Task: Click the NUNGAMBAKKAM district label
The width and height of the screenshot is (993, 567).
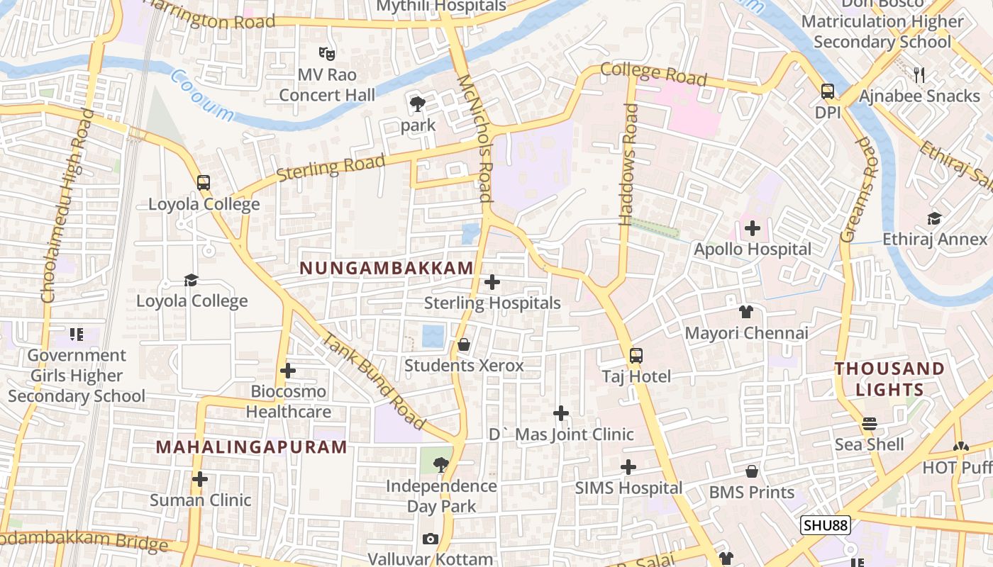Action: tap(387, 268)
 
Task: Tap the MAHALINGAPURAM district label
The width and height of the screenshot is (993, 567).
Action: tap(252, 447)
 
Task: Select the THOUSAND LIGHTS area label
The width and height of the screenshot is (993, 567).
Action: tap(889, 379)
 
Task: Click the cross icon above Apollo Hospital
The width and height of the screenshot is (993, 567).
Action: tap(753, 229)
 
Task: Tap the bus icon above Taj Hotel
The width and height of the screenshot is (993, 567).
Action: tap(636, 356)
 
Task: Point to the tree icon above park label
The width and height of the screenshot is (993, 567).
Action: tap(418, 105)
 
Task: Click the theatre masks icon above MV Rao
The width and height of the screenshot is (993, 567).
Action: tap(326, 53)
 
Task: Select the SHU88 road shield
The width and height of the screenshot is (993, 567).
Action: tap(826, 525)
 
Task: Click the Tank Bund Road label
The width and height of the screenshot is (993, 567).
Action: tap(374, 383)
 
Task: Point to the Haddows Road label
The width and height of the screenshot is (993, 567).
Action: tap(628, 164)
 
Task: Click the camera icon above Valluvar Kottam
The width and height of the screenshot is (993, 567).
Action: tap(431, 539)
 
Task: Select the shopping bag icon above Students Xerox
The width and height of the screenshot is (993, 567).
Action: tap(464, 345)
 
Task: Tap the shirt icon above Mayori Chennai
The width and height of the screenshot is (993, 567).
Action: tap(745, 312)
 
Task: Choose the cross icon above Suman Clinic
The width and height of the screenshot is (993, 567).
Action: tap(200, 480)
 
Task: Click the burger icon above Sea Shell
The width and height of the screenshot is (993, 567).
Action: tap(870, 424)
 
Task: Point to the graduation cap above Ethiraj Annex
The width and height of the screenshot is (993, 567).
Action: tap(934, 218)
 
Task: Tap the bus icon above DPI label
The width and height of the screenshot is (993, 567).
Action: tap(827, 91)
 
